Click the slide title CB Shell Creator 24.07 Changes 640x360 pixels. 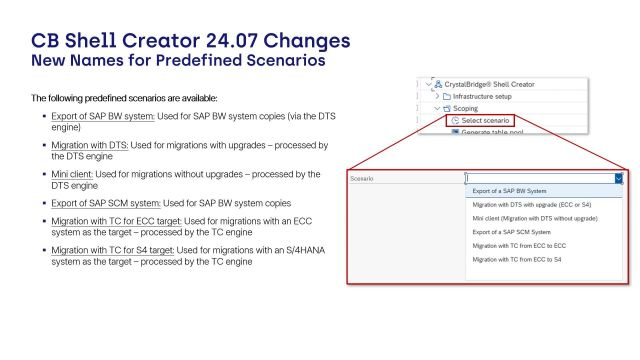[x=190, y=42]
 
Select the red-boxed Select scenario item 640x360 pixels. [x=486, y=121]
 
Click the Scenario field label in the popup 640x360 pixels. [x=363, y=179]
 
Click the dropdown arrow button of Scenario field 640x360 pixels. [x=619, y=179]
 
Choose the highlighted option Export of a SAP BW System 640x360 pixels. [x=509, y=191]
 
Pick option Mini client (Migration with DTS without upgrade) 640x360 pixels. [x=534, y=218]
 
